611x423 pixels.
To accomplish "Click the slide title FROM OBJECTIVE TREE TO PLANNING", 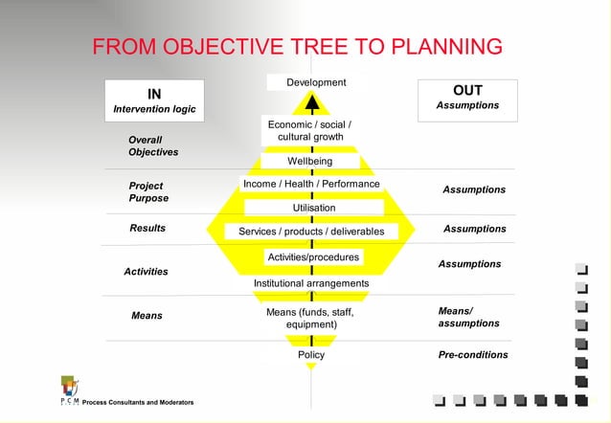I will (297, 47).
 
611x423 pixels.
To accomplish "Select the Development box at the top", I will (316, 82).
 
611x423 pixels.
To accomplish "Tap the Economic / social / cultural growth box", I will (309, 131).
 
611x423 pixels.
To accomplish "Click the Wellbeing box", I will (309, 161).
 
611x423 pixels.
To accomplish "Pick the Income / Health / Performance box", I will (311, 184).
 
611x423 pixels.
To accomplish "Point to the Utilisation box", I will (313, 208).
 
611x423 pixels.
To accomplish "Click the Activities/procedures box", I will (313, 257).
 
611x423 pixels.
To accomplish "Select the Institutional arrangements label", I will (311, 283).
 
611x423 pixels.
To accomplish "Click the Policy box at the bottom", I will (311, 355).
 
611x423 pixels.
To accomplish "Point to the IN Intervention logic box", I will (154, 100).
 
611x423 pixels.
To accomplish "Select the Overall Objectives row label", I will (153, 146).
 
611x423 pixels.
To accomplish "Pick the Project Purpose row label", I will (148, 191).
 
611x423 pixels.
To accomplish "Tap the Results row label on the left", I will (147, 228).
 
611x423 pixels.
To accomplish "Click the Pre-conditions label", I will (473, 355).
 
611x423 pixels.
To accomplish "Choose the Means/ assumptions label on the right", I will (468, 317).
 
